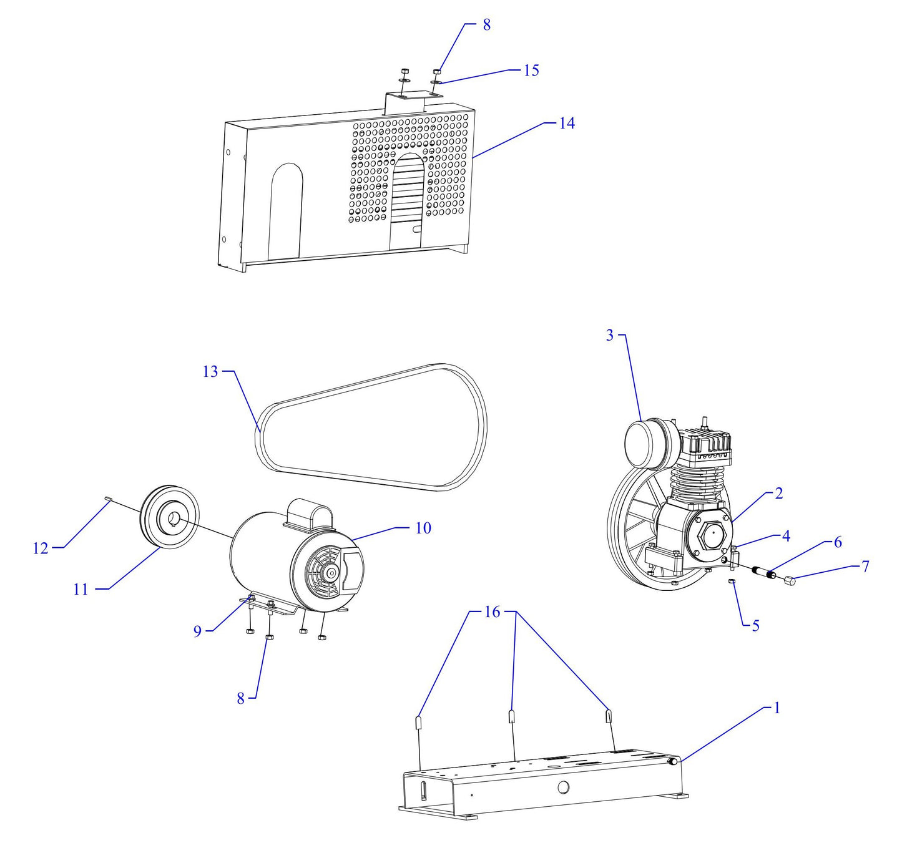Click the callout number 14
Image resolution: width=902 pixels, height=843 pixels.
(x=566, y=124)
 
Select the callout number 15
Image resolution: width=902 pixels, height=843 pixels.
(x=531, y=70)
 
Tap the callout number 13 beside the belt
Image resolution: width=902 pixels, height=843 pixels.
(x=210, y=372)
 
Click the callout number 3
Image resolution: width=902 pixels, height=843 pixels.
(x=610, y=336)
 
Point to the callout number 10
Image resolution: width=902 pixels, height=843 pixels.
(x=423, y=529)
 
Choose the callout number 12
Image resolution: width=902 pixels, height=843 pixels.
(x=40, y=548)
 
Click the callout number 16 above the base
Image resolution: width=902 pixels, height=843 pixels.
(x=492, y=612)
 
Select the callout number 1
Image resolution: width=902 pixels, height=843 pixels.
(x=777, y=708)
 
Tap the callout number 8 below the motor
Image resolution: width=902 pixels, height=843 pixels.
(x=240, y=699)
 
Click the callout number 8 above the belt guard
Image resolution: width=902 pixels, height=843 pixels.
(x=486, y=25)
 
